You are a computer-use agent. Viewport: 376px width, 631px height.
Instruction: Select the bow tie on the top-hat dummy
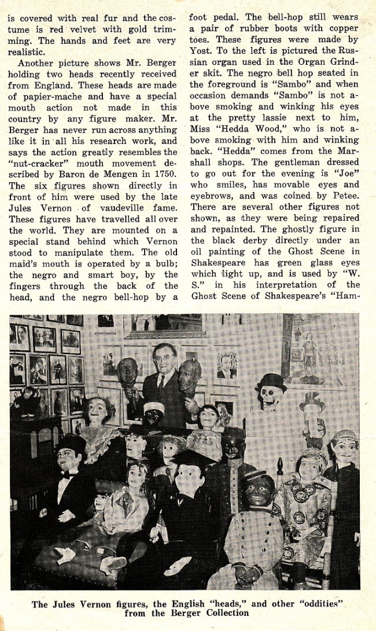pyautogui.click(x=68, y=475)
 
